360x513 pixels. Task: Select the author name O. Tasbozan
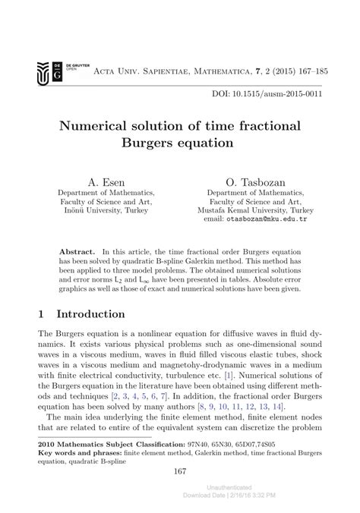[254, 182]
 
